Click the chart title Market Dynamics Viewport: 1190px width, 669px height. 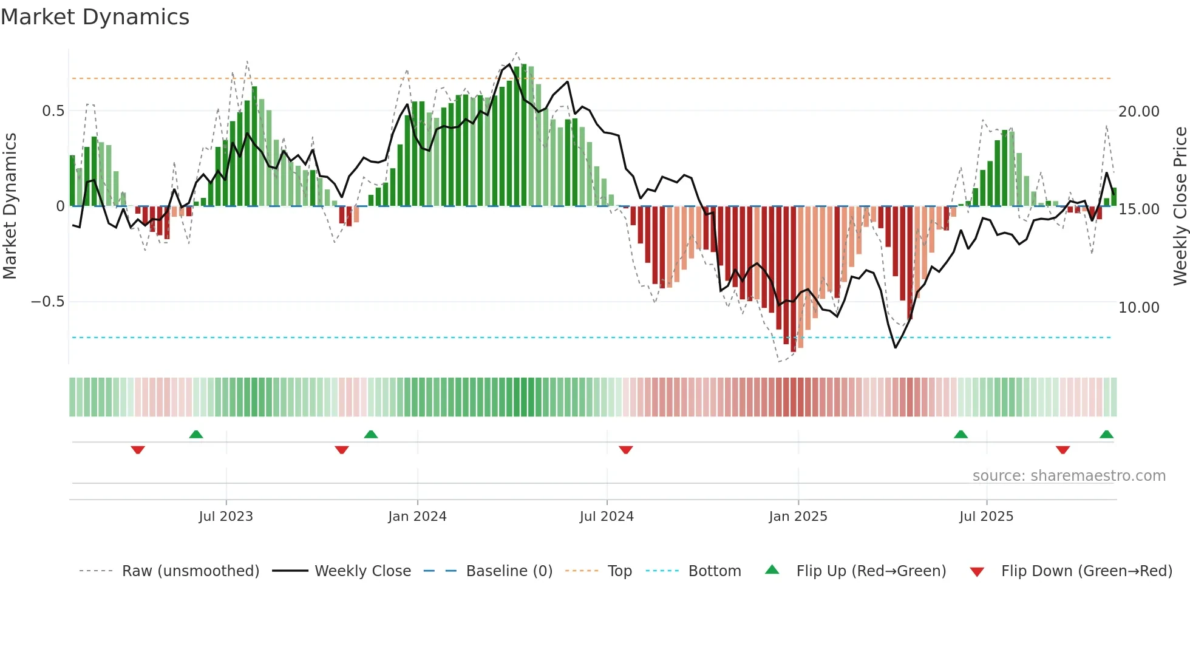pyautogui.click(x=95, y=17)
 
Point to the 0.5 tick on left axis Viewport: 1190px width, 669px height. pyautogui.click(x=53, y=111)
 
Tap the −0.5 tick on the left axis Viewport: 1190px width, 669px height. pyautogui.click(x=48, y=302)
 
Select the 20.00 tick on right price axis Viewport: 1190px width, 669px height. pyautogui.click(x=1138, y=112)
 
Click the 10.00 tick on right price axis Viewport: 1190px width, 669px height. pyautogui.click(x=1138, y=308)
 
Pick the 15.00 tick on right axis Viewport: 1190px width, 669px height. pyautogui.click(x=1138, y=209)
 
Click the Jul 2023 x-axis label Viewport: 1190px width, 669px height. pyautogui.click(x=226, y=517)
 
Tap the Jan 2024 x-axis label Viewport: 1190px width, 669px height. pyautogui.click(x=417, y=517)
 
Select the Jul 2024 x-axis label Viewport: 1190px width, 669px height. pyautogui.click(x=607, y=517)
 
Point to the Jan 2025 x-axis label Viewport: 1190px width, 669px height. pyautogui.click(x=798, y=517)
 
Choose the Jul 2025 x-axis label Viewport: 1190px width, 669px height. pyautogui.click(x=986, y=517)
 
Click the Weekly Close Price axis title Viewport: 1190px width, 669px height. pyautogui.click(x=1180, y=206)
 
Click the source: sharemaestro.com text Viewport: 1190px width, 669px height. pyautogui.click(x=1069, y=476)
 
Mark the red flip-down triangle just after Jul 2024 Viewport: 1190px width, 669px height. pyautogui.click(x=626, y=450)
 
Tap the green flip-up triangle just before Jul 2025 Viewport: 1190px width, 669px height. pyautogui.click(x=960, y=435)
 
